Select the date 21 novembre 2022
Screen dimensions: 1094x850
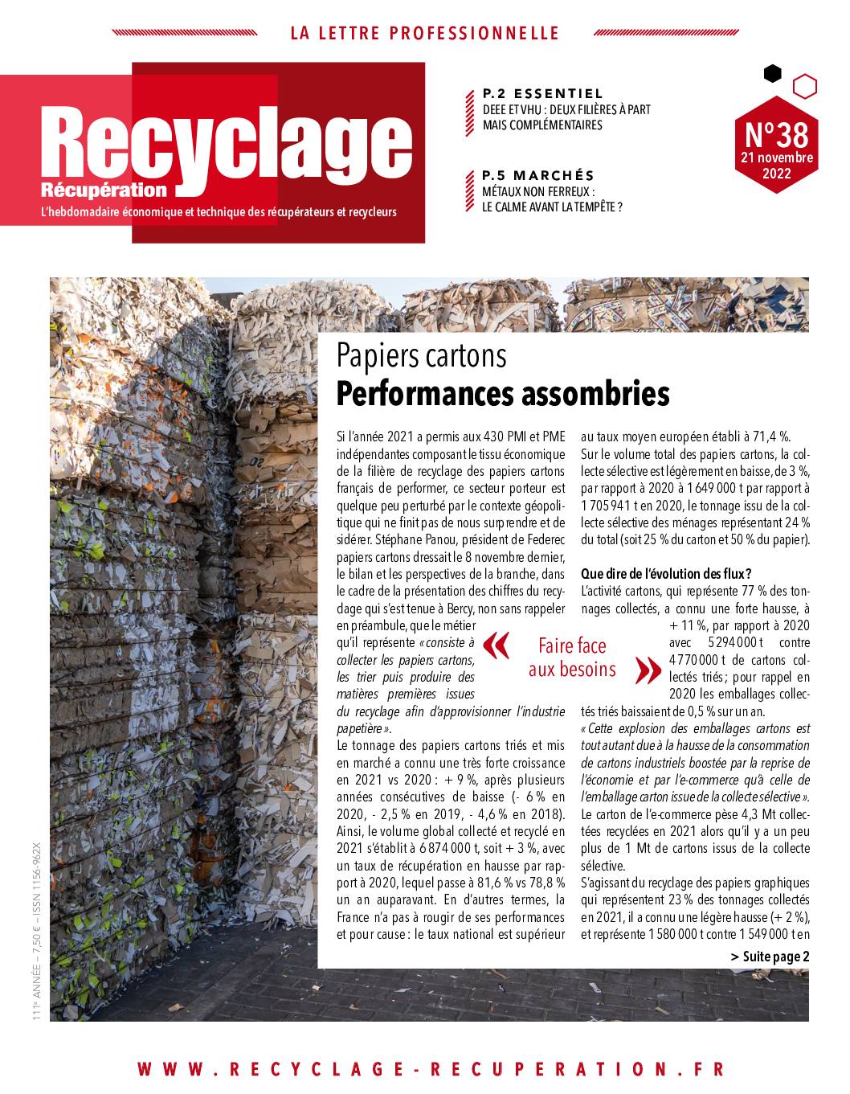click(776, 165)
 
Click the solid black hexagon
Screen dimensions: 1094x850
click(772, 74)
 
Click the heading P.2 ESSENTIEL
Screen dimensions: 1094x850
click(543, 94)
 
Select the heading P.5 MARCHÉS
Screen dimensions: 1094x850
click(538, 175)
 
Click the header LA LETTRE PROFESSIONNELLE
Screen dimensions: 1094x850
click(424, 33)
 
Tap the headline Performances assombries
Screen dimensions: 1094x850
click(503, 394)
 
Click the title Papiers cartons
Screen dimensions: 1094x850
click(422, 354)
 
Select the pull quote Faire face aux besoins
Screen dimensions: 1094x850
click(572, 657)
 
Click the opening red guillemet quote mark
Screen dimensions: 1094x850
click(498, 645)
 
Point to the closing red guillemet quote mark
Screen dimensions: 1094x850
click(644, 670)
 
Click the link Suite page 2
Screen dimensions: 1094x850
click(770, 957)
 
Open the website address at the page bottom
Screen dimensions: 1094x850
click(431, 1069)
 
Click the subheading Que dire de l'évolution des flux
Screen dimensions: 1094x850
click(666, 573)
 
